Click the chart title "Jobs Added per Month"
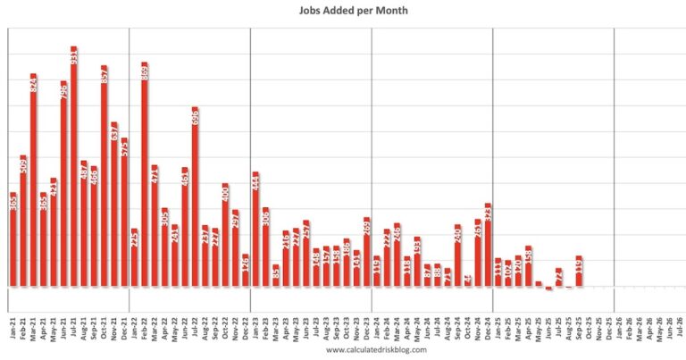(342, 12)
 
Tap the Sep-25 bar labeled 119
(579, 272)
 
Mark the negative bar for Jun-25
(548, 289)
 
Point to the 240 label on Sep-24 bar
(457, 236)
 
